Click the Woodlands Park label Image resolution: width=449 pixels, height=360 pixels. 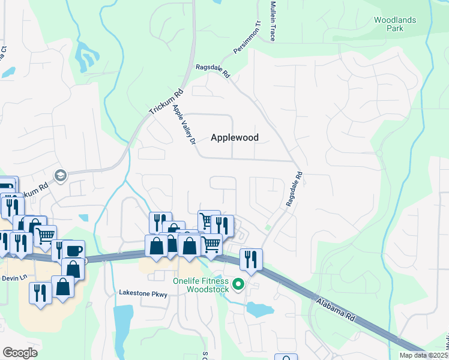394,24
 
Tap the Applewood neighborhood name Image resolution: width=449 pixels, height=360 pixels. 235,137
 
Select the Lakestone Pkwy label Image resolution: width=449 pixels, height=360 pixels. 142,294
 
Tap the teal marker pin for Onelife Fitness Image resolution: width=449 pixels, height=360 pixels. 238,284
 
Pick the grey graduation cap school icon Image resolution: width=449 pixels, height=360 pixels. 60,175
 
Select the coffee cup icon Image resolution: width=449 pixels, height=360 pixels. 74,250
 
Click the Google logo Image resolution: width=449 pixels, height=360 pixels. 20,352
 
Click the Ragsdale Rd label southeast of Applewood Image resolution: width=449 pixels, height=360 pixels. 295,190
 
